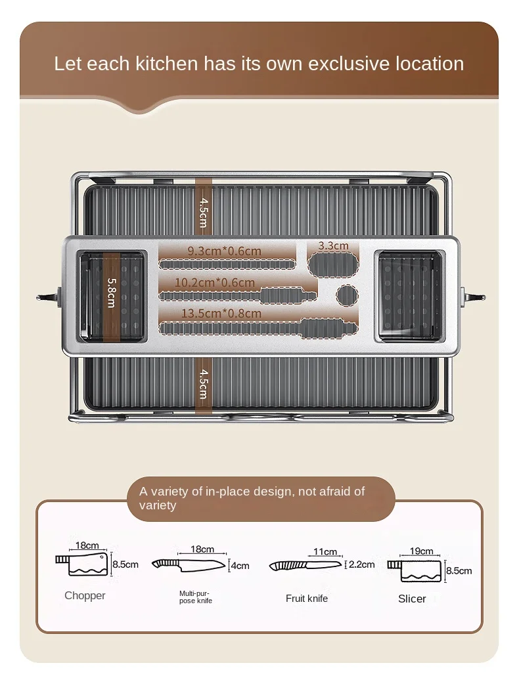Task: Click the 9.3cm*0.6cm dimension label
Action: pyautogui.click(x=224, y=251)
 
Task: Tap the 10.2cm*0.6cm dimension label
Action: pyautogui.click(x=215, y=283)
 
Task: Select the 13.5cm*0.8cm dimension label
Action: pyautogui.click(x=221, y=314)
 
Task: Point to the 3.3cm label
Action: pyautogui.click(x=333, y=246)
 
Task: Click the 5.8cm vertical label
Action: pyautogui.click(x=111, y=291)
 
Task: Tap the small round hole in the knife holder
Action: pyautogui.click(x=347, y=295)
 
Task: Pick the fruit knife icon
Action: pyautogui.click(x=305, y=564)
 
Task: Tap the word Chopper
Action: pyautogui.click(x=85, y=596)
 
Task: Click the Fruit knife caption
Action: pyautogui.click(x=307, y=599)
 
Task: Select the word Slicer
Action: pyautogui.click(x=412, y=599)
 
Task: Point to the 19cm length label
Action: pyautogui.click(x=421, y=551)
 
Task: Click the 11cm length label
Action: pyautogui.click(x=325, y=552)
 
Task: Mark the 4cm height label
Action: pyautogui.click(x=240, y=565)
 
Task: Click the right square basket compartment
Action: pyautogui.click(x=409, y=296)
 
